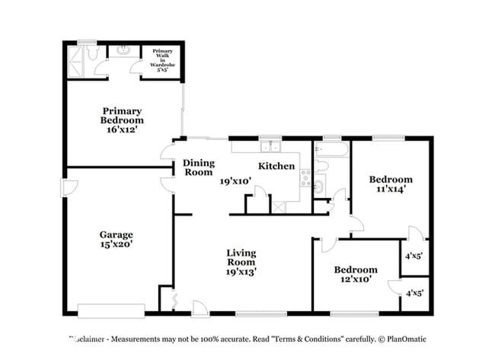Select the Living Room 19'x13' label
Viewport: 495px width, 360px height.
tap(241, 261)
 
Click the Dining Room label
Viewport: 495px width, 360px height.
tap(199, 167)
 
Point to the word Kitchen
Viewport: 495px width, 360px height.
tap(276, 166)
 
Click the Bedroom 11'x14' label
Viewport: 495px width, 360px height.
tap(391, 184)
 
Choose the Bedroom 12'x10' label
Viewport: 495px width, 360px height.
tap(356, 275)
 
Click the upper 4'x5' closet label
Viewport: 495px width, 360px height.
tap(414, 256)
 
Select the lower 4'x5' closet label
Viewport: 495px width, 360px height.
tap(414, 293)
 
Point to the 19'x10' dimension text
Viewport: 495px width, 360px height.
tap(236, 182)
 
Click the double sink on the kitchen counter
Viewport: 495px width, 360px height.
tap(270, 148)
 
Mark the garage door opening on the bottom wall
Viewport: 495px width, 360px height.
tap(111, 310)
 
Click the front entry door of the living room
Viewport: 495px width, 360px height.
tap(200, 307)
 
